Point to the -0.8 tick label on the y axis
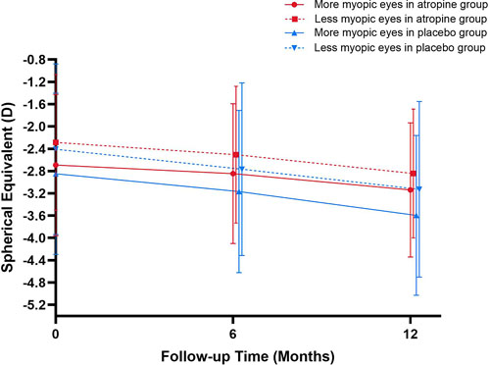34,60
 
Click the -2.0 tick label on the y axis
34,127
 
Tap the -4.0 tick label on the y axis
34,238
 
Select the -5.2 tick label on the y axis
34,305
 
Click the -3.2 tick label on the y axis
34,193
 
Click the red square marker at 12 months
413,173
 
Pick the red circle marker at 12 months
410,189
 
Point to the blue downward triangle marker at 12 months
418,188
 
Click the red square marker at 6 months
235,155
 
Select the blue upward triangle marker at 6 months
238,191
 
